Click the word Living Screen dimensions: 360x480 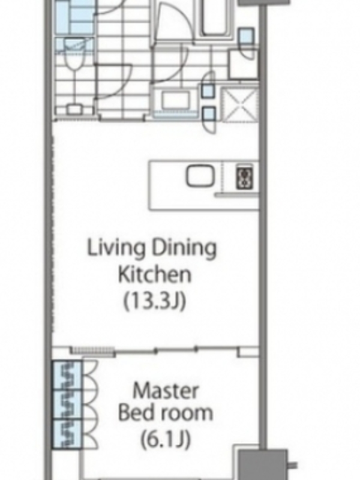[116, 248]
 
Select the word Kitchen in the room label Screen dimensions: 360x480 [155, 274]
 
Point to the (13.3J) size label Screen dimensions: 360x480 [155, 301]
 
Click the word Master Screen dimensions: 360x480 [166, 391]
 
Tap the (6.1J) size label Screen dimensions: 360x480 [166, 439]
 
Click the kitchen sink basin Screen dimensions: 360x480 [200, 176]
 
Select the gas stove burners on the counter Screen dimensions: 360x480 [245, 176]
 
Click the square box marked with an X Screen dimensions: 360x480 [239, 104]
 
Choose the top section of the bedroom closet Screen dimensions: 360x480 [68, 376]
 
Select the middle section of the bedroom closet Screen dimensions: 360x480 [68, 404]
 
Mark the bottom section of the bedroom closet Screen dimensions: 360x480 [68, 434]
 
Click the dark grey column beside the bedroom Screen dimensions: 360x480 [263, 464]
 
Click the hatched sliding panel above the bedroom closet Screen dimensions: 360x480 [92, 350]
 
